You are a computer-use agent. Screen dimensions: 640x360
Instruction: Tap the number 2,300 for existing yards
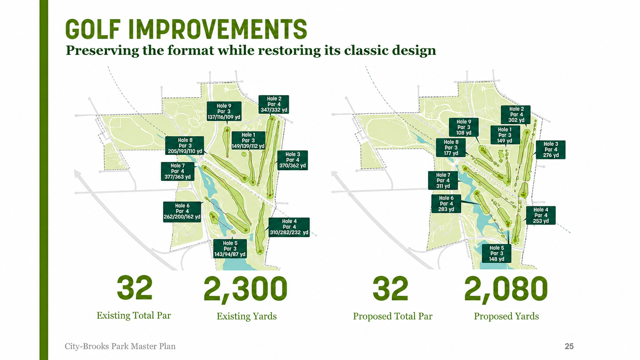point(245,289)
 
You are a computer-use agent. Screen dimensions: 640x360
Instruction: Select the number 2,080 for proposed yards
point(506,289)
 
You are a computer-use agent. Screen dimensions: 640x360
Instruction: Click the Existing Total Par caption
point(134,316)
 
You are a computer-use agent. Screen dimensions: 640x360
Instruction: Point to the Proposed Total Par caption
point(393,316)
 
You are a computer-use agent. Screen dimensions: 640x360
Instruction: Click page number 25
point(569,346)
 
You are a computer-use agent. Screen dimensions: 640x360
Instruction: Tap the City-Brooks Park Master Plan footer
point(120,346)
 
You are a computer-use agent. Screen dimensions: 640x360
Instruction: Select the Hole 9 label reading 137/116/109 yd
point(224,111)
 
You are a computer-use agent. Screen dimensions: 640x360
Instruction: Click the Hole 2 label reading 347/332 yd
point(274,104)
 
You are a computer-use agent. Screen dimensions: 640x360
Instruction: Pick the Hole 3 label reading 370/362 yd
point(292,160)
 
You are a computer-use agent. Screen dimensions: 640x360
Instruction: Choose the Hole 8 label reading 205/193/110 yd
point(185,146)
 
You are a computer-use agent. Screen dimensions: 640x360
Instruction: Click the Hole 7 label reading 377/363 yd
point(178,171)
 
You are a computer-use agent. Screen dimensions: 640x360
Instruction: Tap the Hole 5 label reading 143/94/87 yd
point(230,249)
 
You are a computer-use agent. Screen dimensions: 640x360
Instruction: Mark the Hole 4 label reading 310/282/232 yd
point(289,227)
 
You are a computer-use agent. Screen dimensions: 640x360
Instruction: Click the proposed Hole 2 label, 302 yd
point(516,114)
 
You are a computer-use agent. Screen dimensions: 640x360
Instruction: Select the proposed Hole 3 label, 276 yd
point(550,150)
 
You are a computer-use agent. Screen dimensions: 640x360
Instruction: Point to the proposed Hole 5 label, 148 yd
point(496,254)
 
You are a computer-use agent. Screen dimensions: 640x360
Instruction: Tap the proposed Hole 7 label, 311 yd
point(443,181)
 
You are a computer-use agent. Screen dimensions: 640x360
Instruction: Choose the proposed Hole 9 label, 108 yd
point(464,127)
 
